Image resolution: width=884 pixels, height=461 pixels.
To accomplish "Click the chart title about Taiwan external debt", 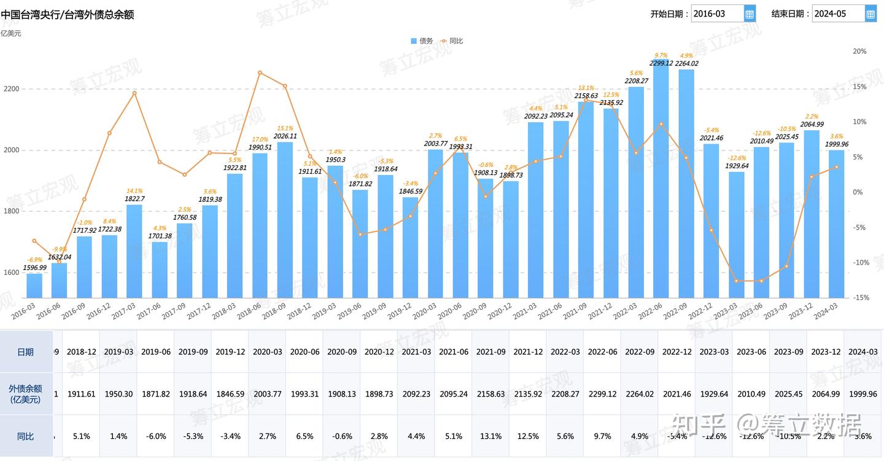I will (68, 14).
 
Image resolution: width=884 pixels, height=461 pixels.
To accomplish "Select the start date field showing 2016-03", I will (717, 14).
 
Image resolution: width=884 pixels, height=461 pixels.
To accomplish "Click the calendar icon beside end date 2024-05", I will (870, 14).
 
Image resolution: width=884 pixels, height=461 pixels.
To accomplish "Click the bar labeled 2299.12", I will (661, 184).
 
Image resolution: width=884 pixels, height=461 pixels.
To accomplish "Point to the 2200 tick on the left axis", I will (12, 89).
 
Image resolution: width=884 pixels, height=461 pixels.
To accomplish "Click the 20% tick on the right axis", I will (859, 52).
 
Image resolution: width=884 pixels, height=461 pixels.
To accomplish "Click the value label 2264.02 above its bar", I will (686, 63).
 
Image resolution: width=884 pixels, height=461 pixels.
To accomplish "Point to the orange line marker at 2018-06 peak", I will (260, 73).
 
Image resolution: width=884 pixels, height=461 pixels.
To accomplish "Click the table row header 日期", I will (26, 352).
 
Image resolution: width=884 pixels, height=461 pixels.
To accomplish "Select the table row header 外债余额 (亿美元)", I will (26, 393).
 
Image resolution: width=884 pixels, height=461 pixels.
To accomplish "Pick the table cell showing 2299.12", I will (602, 393).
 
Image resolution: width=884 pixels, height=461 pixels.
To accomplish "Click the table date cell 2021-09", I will (490, 352).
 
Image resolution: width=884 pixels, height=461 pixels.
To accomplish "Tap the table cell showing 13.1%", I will (490, 436).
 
